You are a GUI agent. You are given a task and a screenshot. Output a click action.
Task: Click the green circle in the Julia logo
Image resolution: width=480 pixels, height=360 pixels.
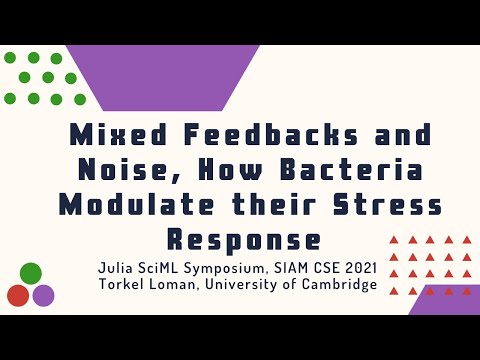pyautogui.click(x=31, y=273)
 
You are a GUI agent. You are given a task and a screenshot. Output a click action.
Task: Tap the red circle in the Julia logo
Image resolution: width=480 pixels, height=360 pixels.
pyautogui.click(x=18, y=295)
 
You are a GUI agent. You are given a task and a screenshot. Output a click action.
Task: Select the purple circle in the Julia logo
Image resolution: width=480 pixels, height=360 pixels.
pyautogui.click(x=43, y=295)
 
